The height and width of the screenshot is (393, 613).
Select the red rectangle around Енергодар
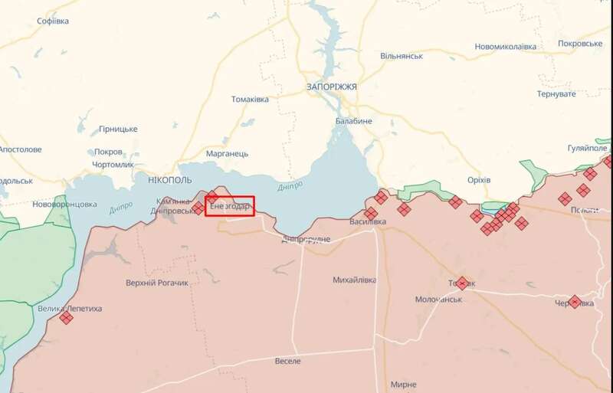[229, 206]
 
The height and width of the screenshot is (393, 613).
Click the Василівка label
[367, 221]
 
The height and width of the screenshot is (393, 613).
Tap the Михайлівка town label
[355, 280]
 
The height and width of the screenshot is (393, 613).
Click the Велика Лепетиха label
[70, 309]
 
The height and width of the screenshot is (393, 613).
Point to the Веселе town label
[288, 361]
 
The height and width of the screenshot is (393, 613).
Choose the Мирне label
[403, 385]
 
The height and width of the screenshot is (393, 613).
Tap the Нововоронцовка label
[64, 205]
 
